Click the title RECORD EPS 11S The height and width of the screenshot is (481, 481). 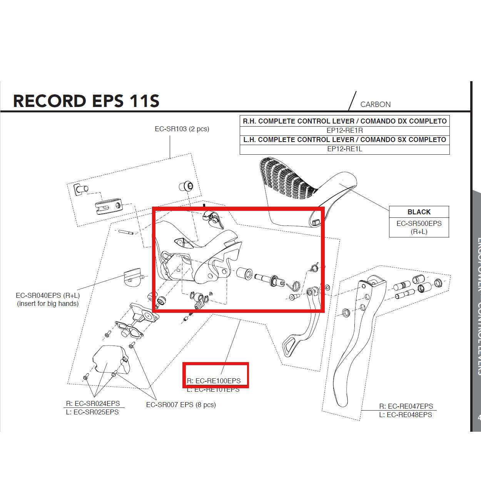86,101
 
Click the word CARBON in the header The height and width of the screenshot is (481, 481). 375,104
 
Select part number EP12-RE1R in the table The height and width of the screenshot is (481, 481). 344,130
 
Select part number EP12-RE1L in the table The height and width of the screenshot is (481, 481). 344,149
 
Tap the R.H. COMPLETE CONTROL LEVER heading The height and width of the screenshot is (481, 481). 344,121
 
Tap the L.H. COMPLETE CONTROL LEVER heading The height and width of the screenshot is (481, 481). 344,140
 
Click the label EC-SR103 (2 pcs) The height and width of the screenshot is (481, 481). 182,129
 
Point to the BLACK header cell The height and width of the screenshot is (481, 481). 419,212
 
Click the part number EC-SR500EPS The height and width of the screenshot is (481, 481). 419,224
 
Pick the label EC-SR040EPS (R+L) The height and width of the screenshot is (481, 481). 48,296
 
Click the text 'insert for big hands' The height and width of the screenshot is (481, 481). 48,304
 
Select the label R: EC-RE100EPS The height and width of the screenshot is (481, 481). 214,381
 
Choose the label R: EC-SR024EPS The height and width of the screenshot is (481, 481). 93,404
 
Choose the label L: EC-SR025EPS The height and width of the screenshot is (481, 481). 92,412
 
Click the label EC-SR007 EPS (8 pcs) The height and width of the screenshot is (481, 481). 181,405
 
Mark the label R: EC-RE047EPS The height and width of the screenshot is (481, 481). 406,406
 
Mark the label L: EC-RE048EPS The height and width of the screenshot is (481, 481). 406,415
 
